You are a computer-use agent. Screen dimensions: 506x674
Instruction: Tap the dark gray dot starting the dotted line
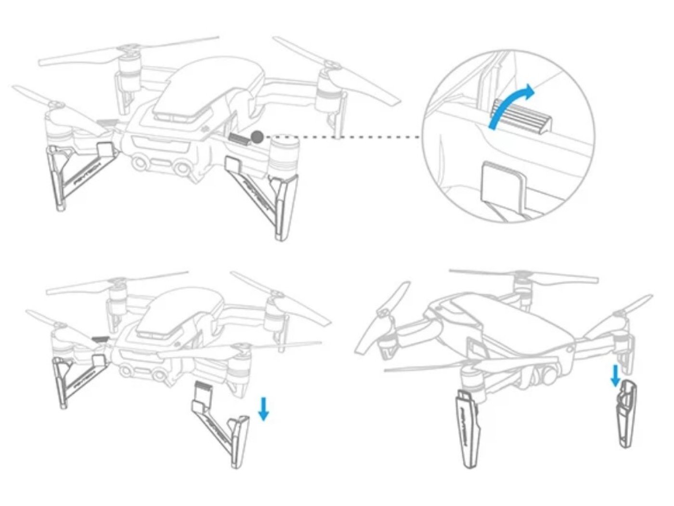pyautogui.click(x=258, y=137)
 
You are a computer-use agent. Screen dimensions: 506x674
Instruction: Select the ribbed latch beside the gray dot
pyautogui.click(x=238, y=139)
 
